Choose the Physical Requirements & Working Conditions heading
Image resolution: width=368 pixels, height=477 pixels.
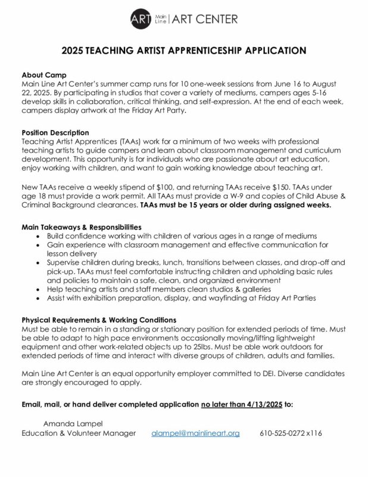pos(99,320)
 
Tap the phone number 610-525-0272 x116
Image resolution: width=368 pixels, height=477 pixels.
pos(291,433)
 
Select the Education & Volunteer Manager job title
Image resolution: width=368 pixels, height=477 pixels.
pos(79,433)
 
